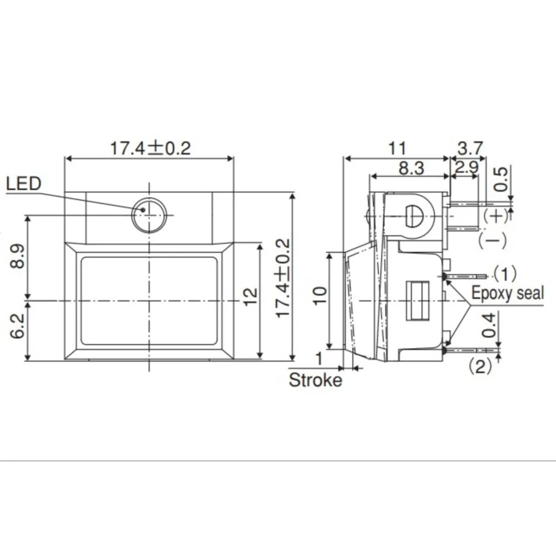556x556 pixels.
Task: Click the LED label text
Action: pos(24,184)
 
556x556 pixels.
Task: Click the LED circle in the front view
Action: pos(148,215)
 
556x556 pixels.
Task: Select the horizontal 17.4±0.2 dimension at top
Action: pos(149,148)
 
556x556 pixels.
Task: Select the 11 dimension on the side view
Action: pos(397,148)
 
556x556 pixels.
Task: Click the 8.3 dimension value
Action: pos(411,168)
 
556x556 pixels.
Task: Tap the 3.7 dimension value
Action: pos(470,148)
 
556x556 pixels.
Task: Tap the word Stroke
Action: pos(315,380)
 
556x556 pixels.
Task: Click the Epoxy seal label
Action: pos(507,293)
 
